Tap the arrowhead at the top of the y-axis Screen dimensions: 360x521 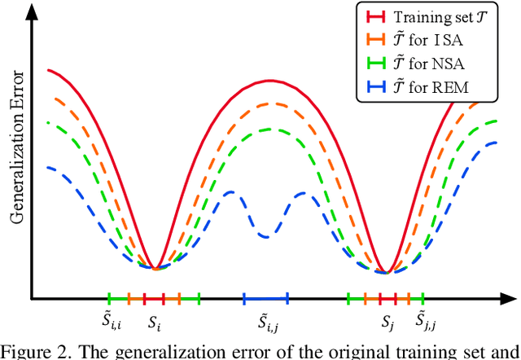30,10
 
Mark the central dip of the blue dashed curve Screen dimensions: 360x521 265,236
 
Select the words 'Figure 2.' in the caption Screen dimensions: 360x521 31,351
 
